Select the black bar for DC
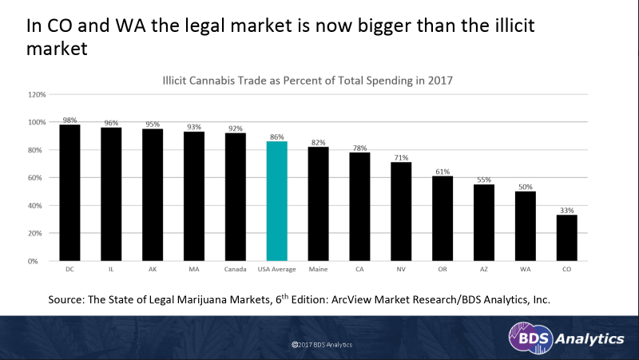[69, 192]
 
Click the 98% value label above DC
[69, 120]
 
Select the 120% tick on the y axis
[36, 94]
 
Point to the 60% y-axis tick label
[38, 178]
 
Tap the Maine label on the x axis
[319, 269]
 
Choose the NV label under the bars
[402, 269]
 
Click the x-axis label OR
[443, 269]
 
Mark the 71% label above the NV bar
[402, 157]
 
